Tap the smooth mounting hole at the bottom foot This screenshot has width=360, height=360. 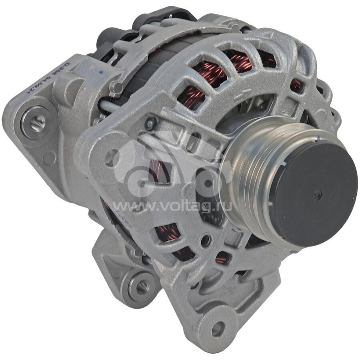(218, 329)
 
